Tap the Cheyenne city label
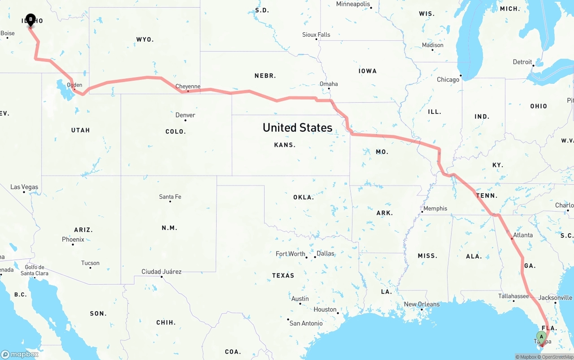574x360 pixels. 188,87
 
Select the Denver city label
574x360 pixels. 185,115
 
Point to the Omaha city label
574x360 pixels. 329,84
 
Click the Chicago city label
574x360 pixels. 448,80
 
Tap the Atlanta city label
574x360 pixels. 523,235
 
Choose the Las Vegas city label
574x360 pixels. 24,187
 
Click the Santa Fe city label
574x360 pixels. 170,197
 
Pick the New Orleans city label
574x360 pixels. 422,304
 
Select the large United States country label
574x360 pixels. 297,128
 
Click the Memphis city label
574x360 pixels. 435,208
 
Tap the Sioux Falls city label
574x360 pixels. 316,35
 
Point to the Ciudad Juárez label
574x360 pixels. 161,272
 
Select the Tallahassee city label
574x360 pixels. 513,296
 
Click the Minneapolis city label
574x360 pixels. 353,4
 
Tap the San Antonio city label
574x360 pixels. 306,323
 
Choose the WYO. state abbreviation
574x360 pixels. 145,40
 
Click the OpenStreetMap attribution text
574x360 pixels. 557,357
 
